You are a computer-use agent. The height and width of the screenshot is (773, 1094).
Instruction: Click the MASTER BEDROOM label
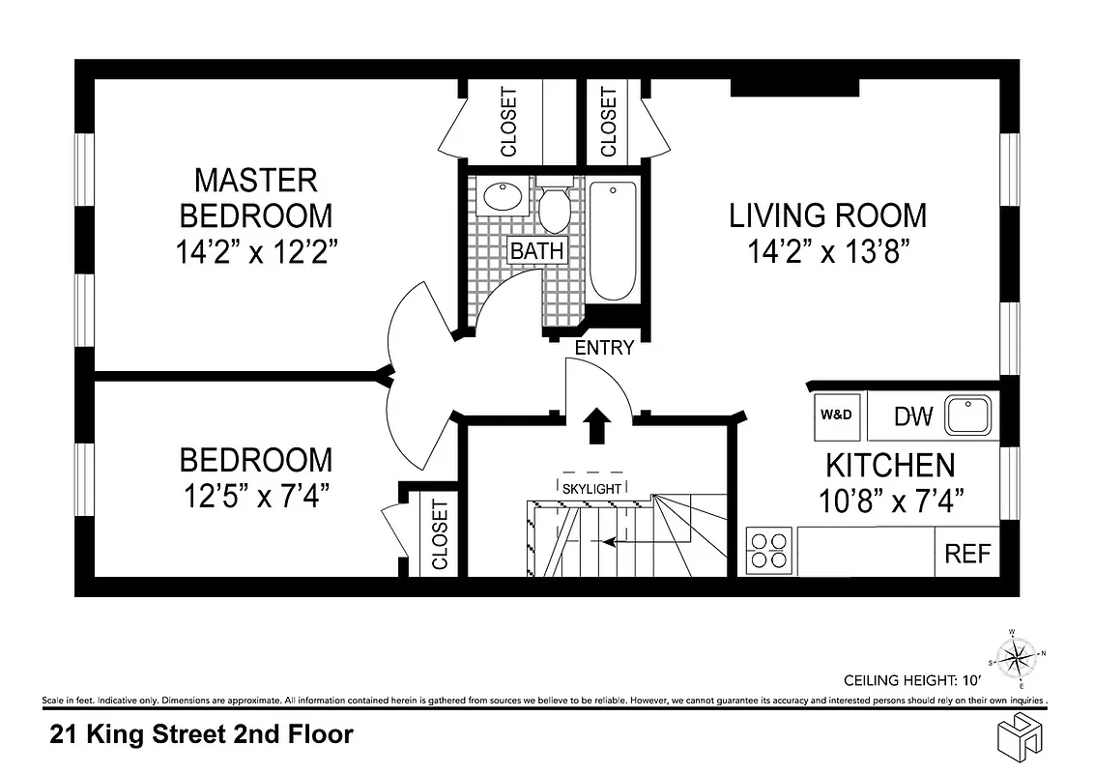[x=255, y=197]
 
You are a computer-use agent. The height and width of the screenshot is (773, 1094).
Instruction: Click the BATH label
[x=536, y=250]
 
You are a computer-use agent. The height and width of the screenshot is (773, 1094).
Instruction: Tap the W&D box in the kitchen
[x=836, y=415]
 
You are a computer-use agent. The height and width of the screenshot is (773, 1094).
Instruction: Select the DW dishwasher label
[x=912, y=416]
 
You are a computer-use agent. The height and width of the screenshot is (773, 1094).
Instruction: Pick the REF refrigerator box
[x=967, y=554]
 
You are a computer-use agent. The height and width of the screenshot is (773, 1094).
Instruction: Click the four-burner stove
[x=769, y=551]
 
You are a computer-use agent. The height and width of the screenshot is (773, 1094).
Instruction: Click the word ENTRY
[x=604, y=348]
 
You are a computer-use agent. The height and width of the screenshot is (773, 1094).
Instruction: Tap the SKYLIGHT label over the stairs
[x=591, y=489]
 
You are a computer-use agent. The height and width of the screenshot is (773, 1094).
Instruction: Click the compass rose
[x=1015, y=660]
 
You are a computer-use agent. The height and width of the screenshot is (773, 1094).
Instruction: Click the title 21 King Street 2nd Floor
[x=201, y=734]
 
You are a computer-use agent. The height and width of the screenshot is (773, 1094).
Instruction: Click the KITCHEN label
[x=889, y=466]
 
